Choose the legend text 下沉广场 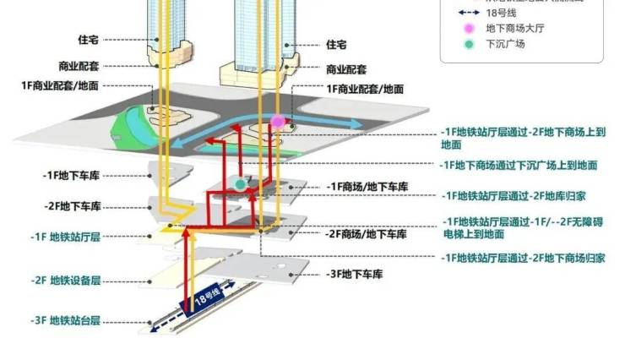click(x=504, y=44)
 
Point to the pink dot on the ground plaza click(x=277, y=121)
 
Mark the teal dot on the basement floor click(x=240, y=183)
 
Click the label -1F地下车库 click(x=72, y=175)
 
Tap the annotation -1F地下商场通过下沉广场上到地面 click(x=519, y=166)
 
